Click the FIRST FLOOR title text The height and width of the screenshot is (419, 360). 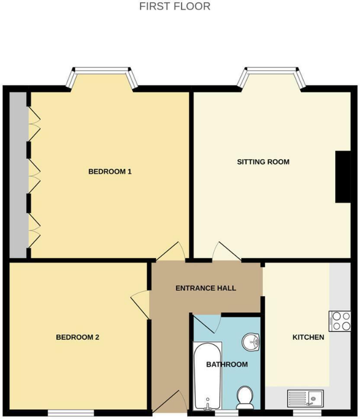tap(175, 7)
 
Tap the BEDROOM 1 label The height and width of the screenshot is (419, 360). tap(110, 172)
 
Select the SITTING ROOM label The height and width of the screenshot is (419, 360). tap(263, 162)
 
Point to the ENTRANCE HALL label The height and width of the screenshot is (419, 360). tap(206, 288)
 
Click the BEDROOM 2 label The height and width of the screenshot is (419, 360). tap(77, 338)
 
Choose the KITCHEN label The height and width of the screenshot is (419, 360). tap(308, 338)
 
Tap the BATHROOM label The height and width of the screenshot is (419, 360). tap(227, 364)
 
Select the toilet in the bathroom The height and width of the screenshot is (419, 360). tap(244, 398)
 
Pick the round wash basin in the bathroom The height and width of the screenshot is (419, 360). tap(252, 341)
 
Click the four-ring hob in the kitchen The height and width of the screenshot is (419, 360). tap(339, 321)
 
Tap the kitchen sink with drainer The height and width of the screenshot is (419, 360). tap(305, 397)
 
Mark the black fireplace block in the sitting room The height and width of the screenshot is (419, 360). tap(342, 177)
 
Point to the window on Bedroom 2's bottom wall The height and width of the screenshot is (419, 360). tap(71, 412)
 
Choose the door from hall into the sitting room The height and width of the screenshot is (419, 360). tap(226, 252)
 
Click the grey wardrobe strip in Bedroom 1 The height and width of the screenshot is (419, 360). tap(18, 174)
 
